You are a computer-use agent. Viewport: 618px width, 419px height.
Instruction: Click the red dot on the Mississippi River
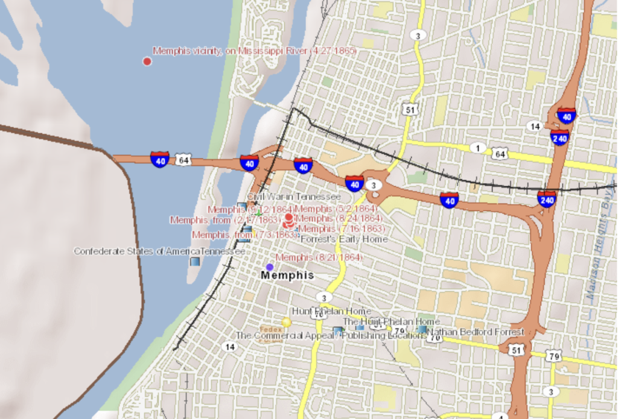pyautogui.click(x=147, y=61)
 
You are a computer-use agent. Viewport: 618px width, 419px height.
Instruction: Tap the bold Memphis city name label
pyautogui.click(x=287, y=275)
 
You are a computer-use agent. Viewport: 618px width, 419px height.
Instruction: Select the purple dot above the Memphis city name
pyautogui.click(x=270, y=267)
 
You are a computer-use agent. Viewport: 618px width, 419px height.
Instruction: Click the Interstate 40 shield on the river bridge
pyautogui.click(x=160, y=160)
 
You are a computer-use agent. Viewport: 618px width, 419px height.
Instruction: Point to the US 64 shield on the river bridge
pyautogui.click(x=183, y=160)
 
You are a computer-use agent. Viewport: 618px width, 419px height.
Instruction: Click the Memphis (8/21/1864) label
pyautogui.click(x=319, y=257)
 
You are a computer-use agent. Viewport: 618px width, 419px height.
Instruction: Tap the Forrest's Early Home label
pyautogui.click(x=344, y=239)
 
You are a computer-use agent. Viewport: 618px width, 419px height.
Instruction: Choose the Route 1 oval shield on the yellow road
pyautogui.click(x=478, y=148)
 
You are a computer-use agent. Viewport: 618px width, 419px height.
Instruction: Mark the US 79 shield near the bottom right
pyautogui.click(x=554, y=356)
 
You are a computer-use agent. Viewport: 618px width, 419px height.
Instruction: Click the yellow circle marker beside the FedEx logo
pyautogui.click(x=286, y=323)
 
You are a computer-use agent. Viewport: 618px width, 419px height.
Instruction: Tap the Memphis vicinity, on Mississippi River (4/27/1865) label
pyautogui.click(x=254, y=51)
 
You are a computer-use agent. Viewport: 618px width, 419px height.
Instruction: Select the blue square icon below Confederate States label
pyautogui.click(x=194, y=262)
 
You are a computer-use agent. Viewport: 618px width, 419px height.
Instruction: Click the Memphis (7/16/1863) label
pyautogui.click(x=342, y=228)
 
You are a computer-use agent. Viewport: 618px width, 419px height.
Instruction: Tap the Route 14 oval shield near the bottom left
pyautogui.click(x=229, y=347)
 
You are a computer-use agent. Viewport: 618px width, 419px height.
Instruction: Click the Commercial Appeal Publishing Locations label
pyautogui.click(x=330, y=335)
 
